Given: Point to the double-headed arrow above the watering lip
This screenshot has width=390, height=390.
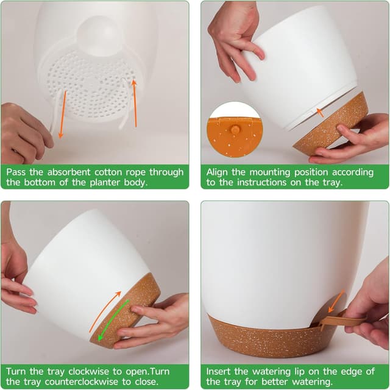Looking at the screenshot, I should click(x=337, y=300).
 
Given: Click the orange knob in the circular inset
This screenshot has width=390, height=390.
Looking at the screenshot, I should click(x=234, y=130).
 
